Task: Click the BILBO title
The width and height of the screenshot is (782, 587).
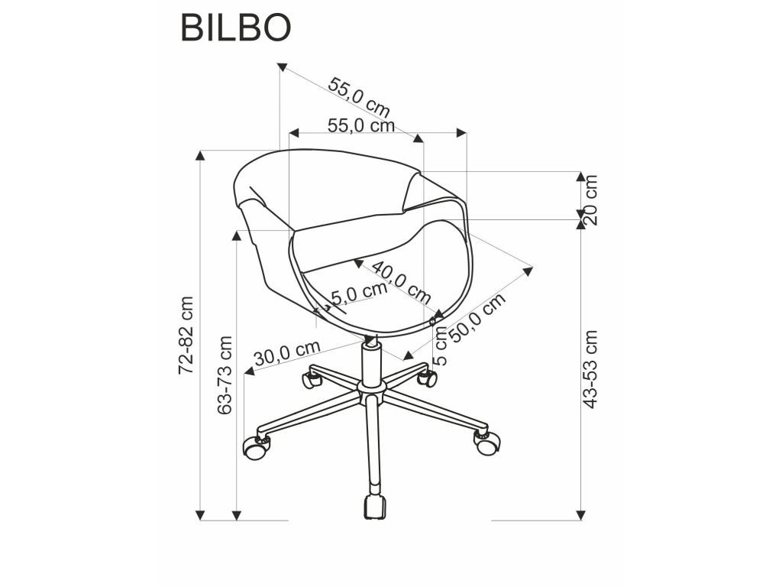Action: pyautogui.click(x=235, y=28)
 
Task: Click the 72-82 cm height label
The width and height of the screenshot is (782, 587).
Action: pyautogui.click(x=186, y=336)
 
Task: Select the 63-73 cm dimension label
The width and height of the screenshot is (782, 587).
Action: pyautogui.click(x=225, y=375)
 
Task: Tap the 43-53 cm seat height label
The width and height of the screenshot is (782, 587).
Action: pyautogui.click(x=590, y=369)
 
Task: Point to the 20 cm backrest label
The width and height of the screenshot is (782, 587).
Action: pyautogui.click(x=590, y=199)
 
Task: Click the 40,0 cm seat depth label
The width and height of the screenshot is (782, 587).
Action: pyautogui.click(x=401, y=283)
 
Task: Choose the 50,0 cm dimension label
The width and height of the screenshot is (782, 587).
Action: pyautogui.click(x=478, y=317)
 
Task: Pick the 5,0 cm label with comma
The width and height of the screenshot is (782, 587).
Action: pyautogui.click(x=359, y=293)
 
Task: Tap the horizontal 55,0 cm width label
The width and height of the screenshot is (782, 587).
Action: pyautogui.click(x=361, y=126)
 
